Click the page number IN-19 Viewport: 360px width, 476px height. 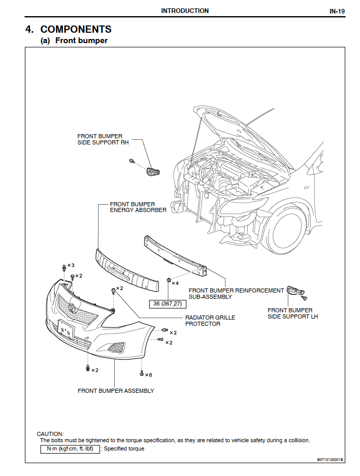coord(337,11)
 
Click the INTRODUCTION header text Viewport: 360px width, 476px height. coord(184,11)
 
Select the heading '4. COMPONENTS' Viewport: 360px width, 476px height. coord(68,29)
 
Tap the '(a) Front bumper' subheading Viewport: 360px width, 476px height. coord(74,41)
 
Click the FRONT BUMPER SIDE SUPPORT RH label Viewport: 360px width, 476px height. coord(103,139)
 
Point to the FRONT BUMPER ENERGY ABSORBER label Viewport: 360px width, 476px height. coord(138,207)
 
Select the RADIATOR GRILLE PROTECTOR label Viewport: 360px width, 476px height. coord(210,321)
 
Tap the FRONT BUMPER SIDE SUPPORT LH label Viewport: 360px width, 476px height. coord(292,313)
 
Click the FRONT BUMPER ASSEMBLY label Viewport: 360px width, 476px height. coord(116,391)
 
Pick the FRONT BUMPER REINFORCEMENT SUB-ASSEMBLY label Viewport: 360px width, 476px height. coord(236,294)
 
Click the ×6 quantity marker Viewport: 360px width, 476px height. coord(149,375)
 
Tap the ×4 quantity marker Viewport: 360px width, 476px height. coord(175,283)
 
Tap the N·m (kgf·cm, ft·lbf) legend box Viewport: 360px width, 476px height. coord(70,448)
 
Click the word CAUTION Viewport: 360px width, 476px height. coord(50,433)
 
